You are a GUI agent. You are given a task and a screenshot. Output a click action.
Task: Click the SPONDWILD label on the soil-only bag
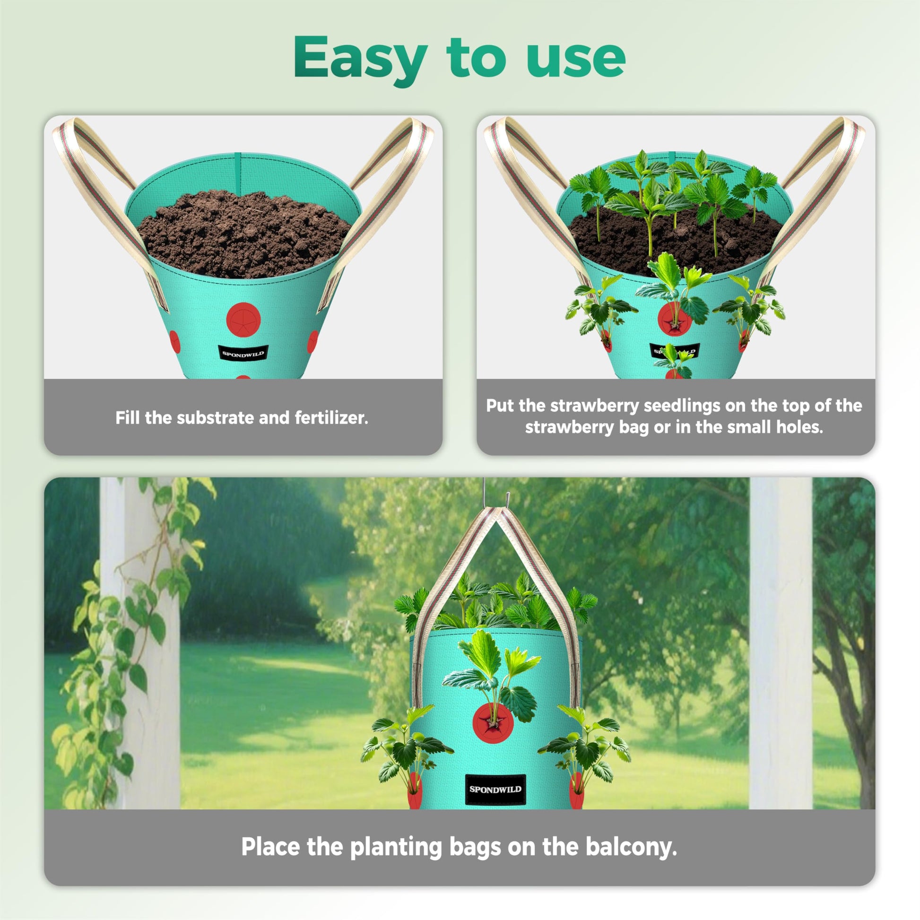243,353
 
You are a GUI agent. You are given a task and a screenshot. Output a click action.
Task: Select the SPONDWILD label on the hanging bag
495,789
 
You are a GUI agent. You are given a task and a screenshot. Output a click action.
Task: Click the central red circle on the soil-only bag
243,318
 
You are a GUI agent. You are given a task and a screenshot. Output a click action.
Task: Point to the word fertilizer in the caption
331,418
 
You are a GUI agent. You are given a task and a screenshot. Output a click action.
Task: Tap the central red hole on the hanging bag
489,723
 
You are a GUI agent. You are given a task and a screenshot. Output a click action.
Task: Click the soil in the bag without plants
243,234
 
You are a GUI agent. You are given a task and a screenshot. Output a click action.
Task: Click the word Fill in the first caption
128,418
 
